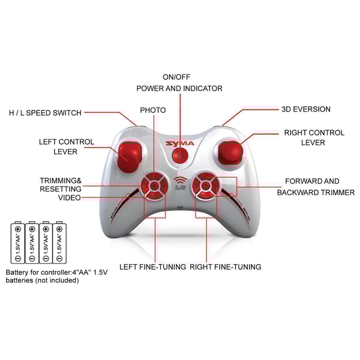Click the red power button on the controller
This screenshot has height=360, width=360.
180,155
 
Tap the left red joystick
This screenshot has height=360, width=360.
129,157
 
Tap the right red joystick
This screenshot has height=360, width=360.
230,153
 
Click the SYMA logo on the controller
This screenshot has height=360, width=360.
180,144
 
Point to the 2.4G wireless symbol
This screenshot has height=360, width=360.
180,183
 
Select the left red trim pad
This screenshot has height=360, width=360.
154,185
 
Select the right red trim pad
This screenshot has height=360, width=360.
206,185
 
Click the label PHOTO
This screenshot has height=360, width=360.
153,110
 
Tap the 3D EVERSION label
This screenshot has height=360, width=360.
306,109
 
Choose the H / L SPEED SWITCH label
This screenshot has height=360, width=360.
45,113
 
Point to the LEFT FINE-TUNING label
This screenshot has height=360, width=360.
152,267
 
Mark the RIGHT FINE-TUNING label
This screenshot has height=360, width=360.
226,267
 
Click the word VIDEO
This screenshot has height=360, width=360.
70,197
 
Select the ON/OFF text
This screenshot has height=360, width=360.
176,77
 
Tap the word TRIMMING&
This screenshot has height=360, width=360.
61,181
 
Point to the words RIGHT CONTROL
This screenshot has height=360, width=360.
314,133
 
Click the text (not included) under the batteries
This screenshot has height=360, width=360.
58,280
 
